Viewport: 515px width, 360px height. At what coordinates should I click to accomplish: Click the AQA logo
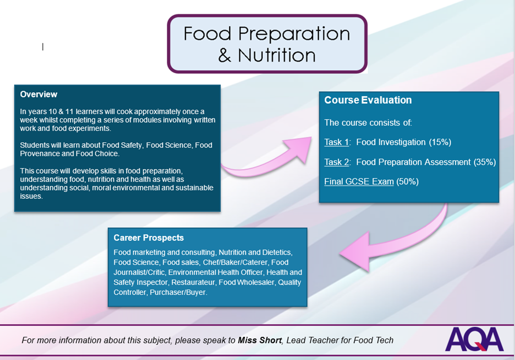(474, 339)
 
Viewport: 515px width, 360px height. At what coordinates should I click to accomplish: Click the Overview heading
(38, 94)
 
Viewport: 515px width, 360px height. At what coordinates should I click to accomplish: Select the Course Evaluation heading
(368, 100)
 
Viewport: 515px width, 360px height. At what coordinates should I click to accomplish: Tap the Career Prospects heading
(149, 238)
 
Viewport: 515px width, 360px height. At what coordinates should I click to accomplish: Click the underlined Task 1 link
(336, 142)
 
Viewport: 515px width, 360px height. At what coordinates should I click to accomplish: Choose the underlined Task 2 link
(336, 162)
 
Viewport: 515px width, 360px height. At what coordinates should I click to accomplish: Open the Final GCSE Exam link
(359, 182)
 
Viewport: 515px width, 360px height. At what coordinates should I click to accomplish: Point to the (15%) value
(440, 142)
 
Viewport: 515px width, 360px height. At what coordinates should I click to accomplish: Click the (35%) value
(485, 162)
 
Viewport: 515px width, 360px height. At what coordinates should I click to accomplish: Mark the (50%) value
(407, 182)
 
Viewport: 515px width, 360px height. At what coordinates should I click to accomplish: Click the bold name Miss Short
(260, 340)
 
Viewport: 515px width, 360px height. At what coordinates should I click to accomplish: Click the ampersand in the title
(225, 55)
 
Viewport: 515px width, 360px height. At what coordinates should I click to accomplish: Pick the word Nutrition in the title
(277, 55)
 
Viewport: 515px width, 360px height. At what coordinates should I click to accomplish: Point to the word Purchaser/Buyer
(179, 292)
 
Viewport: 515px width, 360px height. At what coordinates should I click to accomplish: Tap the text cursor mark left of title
(43, 47)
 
